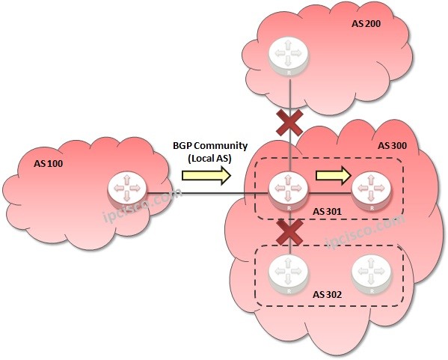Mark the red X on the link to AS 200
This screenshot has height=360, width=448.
289,123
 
